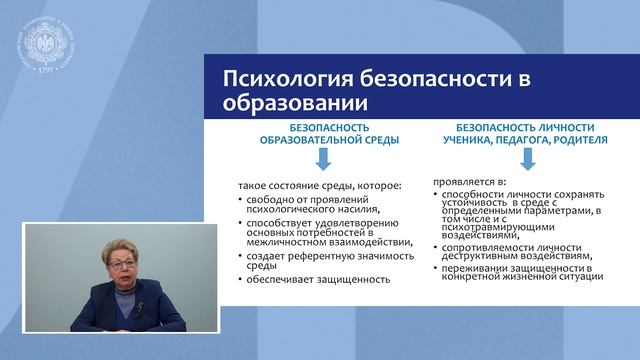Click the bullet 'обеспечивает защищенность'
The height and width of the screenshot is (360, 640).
316,279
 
